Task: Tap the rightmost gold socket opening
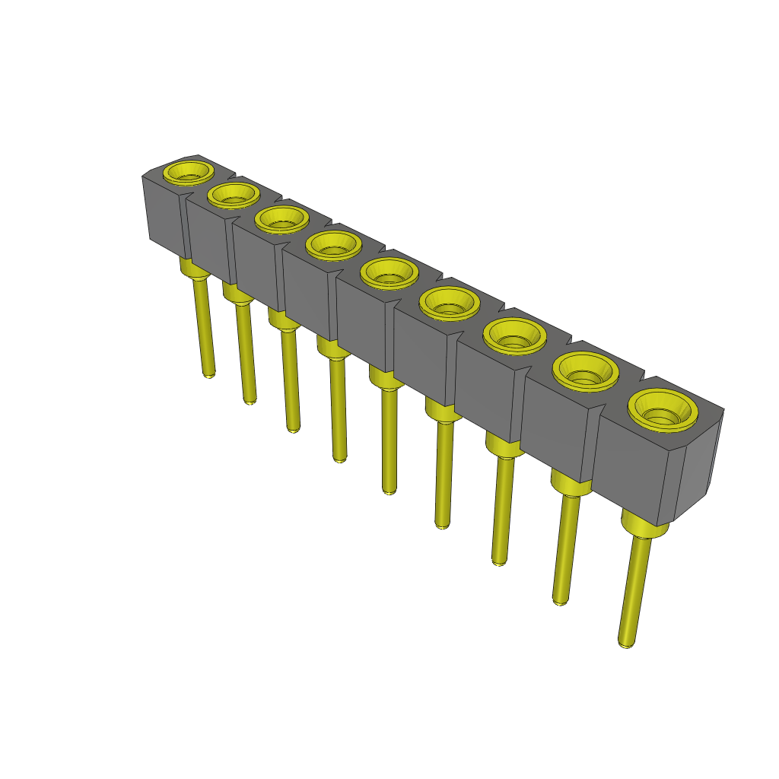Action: click(663, 411)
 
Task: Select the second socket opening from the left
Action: click(234, 195)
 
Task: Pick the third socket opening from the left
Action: click(282, 220)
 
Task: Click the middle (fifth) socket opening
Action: click(389, 273)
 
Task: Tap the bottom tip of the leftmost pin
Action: click(209, 374)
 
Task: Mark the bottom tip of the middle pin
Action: click(389, 491)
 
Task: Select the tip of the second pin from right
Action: click(560, 601)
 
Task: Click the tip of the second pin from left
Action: click(250, 400)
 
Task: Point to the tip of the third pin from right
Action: click(499, 561)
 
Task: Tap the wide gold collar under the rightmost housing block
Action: click(643, 526)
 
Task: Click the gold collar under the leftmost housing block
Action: click(193, 267)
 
